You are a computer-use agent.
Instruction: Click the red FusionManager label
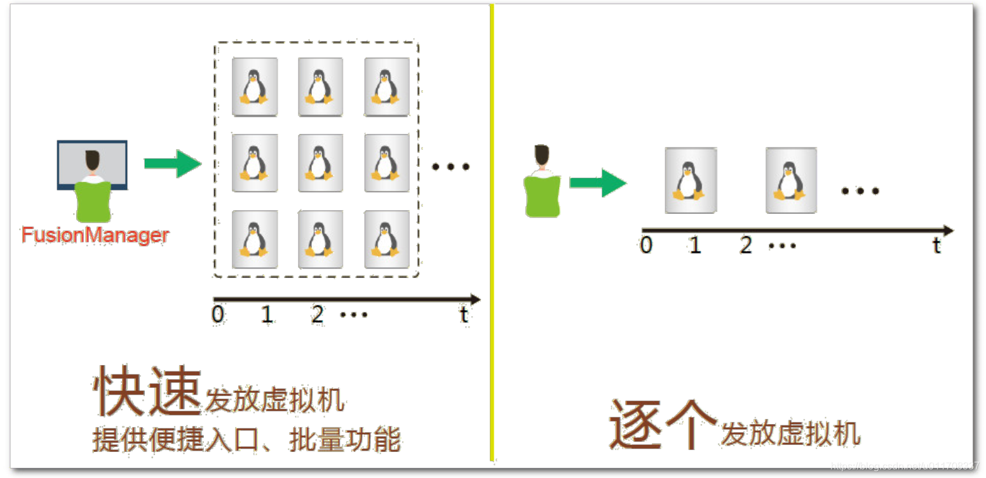tap(95, 236)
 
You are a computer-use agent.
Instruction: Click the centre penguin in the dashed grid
tap(320, 163)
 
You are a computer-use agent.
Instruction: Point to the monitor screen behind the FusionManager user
tap(70, 159)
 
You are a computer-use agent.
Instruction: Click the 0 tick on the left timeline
tap(218, 314)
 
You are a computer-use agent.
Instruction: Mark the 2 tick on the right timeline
tap(745, 245)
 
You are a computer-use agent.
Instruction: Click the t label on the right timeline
tap(936, 246)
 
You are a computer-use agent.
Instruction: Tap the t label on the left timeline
tap(464, 314)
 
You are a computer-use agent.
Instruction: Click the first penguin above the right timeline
tap(690, 180)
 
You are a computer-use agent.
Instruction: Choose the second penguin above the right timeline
tap(790, 180)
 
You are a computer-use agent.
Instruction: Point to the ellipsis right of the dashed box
tap(450, 167)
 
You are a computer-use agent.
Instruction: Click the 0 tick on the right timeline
tap(646, 245)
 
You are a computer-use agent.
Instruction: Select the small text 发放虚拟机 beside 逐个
tap(790, 434)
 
